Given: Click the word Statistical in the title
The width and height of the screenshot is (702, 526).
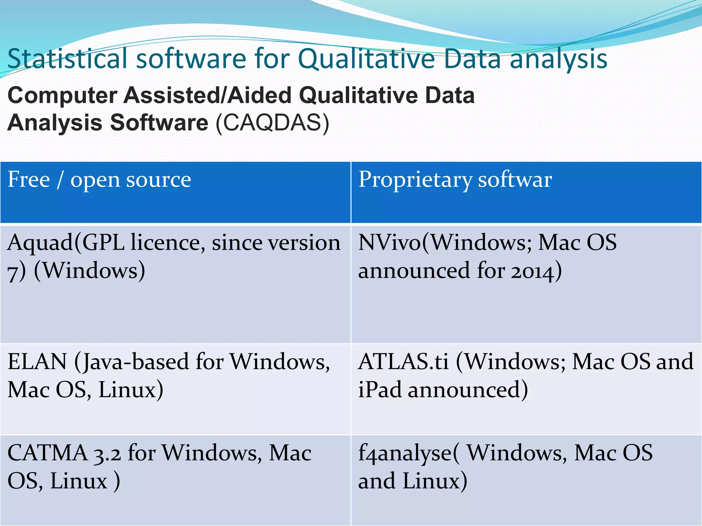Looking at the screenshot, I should (68, 59).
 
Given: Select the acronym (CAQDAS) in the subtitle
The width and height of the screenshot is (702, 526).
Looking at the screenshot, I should (273, 123).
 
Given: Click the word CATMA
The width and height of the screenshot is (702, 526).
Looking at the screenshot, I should (47, 453).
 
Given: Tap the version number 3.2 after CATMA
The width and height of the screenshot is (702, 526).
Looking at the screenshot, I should (107, 453).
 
